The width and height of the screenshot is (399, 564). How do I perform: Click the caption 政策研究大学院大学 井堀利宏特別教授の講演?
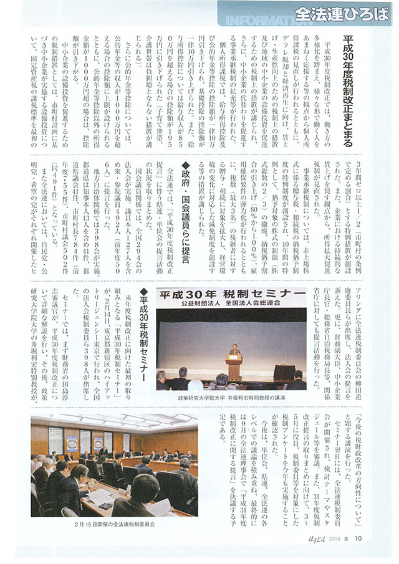(231, 396)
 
